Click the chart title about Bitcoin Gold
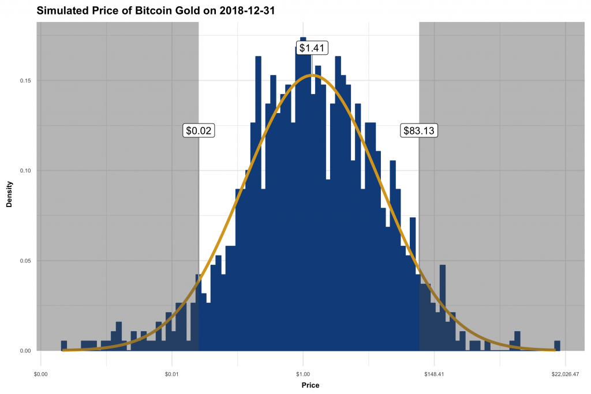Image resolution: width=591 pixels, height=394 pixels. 154,10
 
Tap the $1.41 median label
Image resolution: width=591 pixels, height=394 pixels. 312,48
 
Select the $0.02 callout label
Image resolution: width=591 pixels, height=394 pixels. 199,131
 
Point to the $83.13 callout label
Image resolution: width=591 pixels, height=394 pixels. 419,131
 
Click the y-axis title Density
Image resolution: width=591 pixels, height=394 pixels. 9,195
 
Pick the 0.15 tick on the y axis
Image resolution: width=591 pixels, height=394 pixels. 25,81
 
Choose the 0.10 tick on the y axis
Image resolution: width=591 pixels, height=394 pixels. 25,171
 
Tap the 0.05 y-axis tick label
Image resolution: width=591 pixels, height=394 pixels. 25,261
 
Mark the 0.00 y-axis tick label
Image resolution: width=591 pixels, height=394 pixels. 25,351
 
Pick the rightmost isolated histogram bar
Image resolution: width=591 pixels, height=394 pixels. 557,346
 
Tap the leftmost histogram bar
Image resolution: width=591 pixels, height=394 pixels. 64,346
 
